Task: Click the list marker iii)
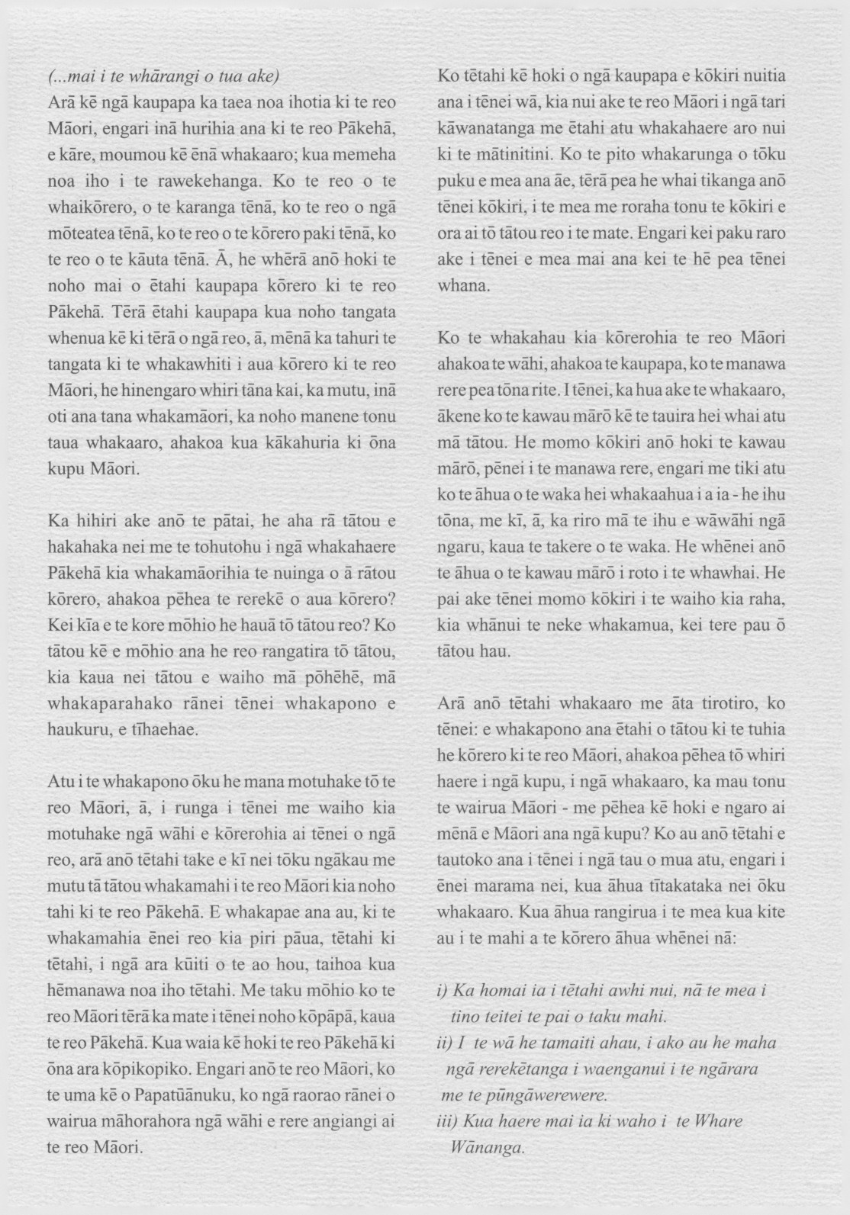coord(447,1121)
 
